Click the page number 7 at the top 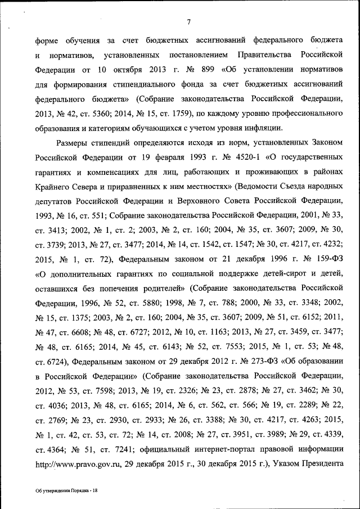(x=189, y=22)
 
